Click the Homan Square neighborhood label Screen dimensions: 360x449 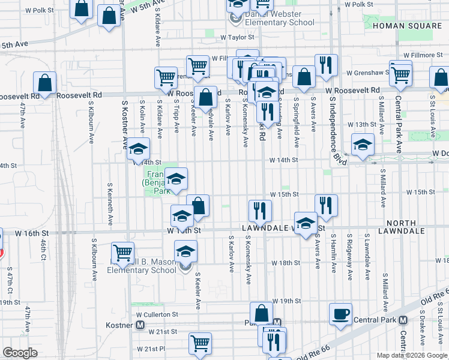click(407, 26)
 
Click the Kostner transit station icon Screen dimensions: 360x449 click(140, 325)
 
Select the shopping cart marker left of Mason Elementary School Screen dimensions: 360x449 click(123, 253)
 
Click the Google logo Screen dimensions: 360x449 click(20, 353)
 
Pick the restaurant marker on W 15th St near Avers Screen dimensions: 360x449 click(326, 205)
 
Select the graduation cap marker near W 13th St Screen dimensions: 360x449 click(363, 144)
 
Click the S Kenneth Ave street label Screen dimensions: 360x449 click(110, 205)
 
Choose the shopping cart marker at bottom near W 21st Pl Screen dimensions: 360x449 click(200, 344)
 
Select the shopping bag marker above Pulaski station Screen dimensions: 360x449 click(262, 313)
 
